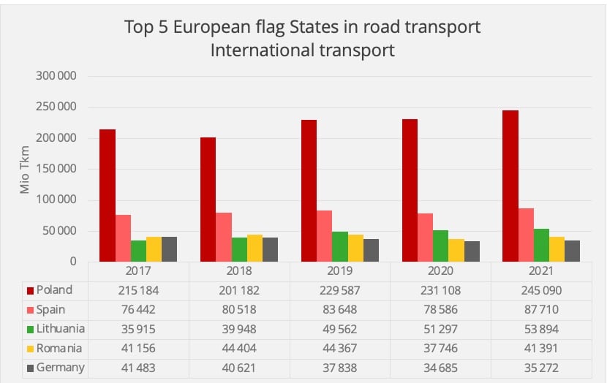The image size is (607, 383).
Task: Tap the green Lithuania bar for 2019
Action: tap(339, 246)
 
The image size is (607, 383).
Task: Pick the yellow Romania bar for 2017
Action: tap(154, 249)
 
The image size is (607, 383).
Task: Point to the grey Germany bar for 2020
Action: tap(472, 251)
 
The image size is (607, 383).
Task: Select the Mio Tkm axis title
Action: tap(25, 170)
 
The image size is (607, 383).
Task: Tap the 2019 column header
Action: tap(339, 271)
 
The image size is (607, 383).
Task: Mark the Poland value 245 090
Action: tap(541, 290)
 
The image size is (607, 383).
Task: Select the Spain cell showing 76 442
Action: tap(138, 309)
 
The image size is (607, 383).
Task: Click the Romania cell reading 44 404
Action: tap(239, 348)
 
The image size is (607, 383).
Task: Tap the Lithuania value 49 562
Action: tap(340, 328)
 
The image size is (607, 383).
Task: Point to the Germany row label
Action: tap(60, 367)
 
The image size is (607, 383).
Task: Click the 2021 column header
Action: tap(541, 271)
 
